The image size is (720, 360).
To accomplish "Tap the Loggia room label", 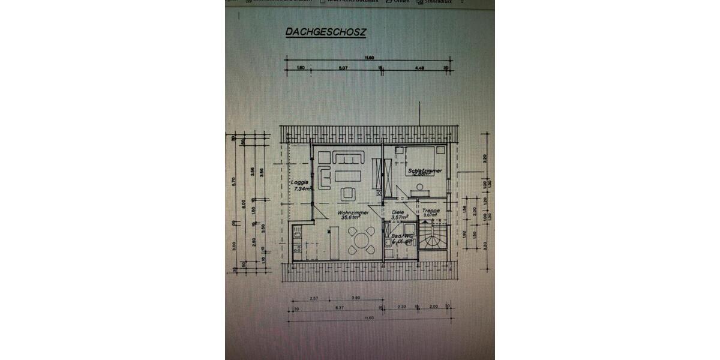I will click(299, 182).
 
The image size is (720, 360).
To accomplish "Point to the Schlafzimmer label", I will click(424, 170).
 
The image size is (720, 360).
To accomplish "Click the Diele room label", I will click(398, 212).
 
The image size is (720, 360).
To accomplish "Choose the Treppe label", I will click(431, 211).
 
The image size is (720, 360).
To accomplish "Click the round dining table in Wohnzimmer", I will click(361, 241).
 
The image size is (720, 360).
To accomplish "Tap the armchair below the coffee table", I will click(347, 193).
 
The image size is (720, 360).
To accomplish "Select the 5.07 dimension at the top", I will click(343, 68).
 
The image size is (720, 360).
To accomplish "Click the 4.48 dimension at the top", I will click(419, 68).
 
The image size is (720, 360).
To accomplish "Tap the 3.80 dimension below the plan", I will click(355, 298).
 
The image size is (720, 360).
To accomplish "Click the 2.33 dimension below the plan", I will click(401, 307).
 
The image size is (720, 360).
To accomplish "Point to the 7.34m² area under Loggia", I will click(302, 189).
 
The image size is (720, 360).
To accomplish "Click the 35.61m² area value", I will click(350, 218).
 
